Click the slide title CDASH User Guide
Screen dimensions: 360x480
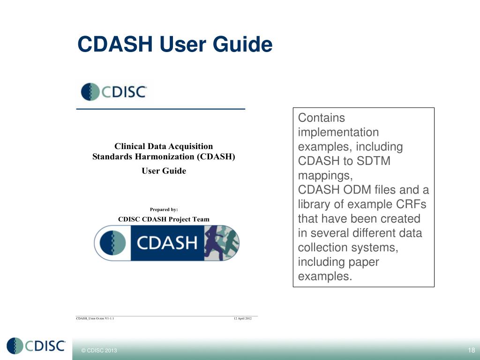tap(174, 45)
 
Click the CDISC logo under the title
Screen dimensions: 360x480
tap(114, 91)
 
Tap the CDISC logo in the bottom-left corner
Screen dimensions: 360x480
tap(36, 346)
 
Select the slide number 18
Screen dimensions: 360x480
tap(471, 351)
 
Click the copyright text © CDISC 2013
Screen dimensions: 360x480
tap(99, 351)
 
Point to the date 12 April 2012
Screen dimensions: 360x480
tap(242, 319)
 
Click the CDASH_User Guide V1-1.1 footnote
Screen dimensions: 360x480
tap(95, 319)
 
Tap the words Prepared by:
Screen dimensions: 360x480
tap(164, 209)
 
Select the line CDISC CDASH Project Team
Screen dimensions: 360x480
tap(164, 219)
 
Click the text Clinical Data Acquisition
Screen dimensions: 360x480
tap(164, 146)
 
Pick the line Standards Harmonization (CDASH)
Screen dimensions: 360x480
tap(164, 157)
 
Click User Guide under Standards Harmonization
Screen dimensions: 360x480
tap(164, 171)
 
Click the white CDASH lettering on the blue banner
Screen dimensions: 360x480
tap(166, 243)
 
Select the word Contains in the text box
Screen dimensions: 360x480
tap(321, 118)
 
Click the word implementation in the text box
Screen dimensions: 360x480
tap(338, 132)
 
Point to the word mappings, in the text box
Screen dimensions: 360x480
tap(325, 176)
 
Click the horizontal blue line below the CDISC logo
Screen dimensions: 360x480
tap(160, 109)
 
